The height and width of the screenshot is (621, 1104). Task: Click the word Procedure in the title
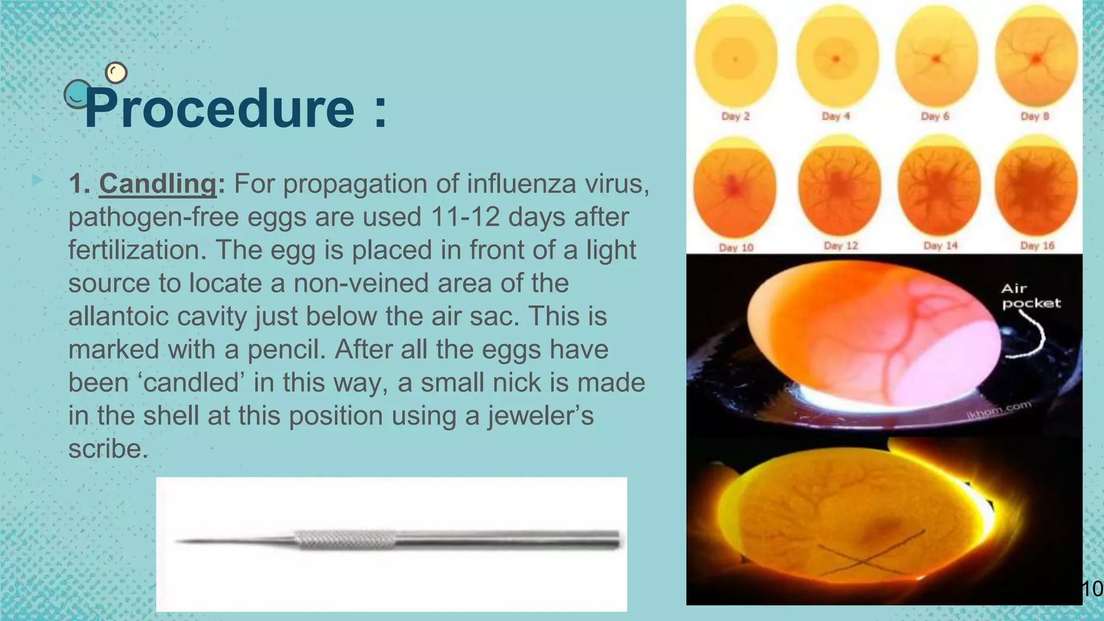[x=220, y=109]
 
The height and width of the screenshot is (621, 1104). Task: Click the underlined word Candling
[x=158, y=183]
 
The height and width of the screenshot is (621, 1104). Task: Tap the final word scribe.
[x=108, y=448]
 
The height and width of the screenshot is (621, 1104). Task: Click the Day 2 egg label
[x=735, y=116]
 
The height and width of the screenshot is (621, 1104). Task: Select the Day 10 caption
[x=736, y=247]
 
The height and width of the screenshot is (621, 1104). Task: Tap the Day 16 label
[x=1037, y=246]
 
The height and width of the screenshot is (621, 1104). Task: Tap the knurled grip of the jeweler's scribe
[x=345, y=540]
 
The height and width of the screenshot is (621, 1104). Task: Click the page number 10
[x=1092, y=589]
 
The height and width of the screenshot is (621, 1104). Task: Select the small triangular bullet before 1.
[x=37, y=180]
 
